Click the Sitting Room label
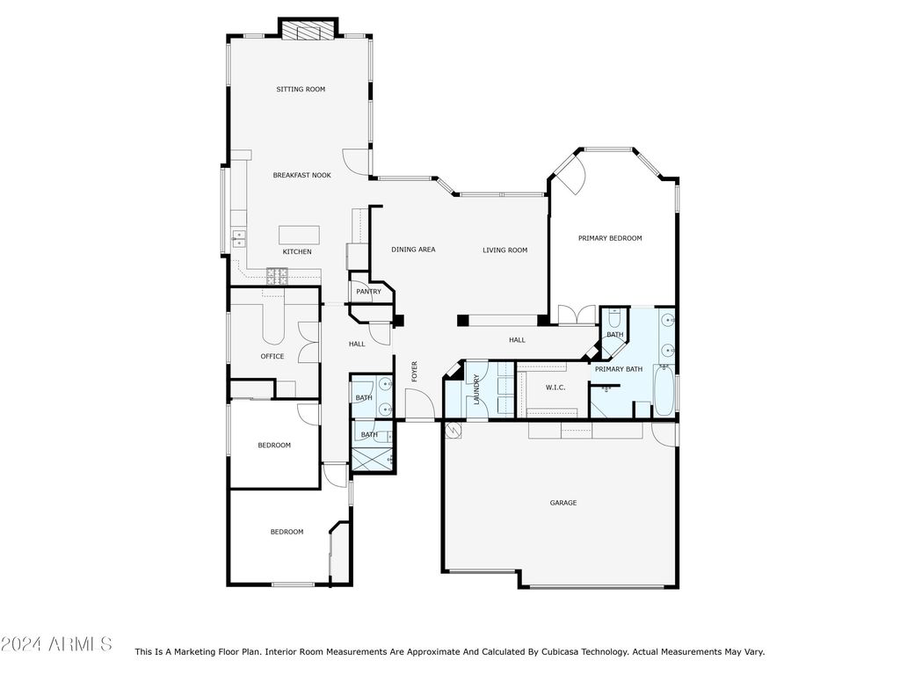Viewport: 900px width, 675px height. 301,89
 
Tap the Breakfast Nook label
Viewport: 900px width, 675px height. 302,175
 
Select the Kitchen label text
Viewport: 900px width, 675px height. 297,251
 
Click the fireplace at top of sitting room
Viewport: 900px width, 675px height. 308,31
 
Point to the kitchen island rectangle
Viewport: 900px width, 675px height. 299,236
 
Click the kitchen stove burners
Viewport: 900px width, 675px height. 277,275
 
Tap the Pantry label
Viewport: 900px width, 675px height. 368,292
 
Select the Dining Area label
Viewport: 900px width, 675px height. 413,249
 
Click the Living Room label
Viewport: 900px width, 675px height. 505,250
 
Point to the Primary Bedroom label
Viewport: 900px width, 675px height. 610,238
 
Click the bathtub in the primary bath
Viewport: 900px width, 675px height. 664,390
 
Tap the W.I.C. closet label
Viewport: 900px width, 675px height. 555,388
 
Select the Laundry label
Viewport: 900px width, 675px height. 476,389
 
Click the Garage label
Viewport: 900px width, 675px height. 563,503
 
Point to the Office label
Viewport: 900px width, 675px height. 272,356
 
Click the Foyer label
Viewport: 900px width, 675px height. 415,372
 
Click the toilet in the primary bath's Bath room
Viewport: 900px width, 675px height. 614,317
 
